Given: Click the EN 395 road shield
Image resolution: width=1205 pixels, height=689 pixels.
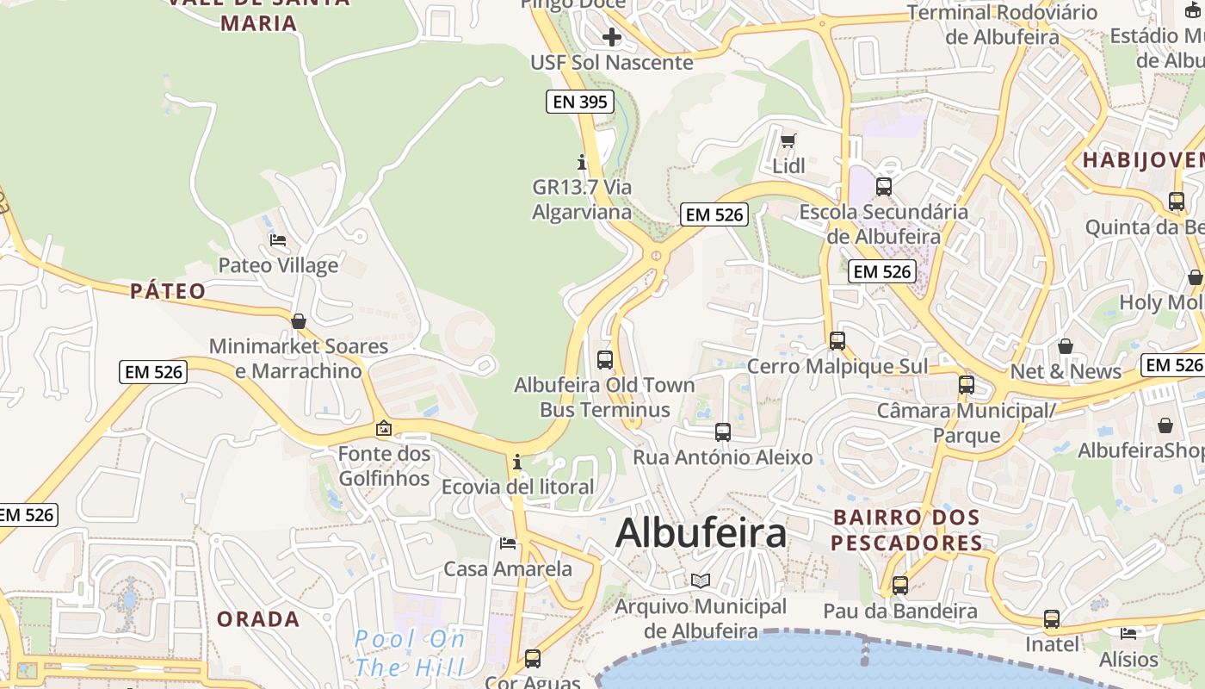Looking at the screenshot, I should (580, 102).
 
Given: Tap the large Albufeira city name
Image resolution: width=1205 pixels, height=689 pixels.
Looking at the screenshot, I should (701, 533).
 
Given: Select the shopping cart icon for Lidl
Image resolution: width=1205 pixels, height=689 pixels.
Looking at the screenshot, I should (788, 140).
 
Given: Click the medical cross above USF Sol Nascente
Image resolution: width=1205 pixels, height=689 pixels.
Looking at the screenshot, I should (612, 37).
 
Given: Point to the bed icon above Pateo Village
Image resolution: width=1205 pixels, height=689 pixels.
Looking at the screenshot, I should (278, 239).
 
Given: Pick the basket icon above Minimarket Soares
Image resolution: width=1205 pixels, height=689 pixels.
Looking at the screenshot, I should (299, 321).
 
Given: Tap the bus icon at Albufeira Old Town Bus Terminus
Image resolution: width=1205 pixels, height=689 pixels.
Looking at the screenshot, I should (605, 359).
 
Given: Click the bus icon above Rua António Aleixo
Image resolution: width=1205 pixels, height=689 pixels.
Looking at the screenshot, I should (723, 432).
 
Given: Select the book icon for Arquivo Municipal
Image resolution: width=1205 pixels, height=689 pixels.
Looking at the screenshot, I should (701, 581).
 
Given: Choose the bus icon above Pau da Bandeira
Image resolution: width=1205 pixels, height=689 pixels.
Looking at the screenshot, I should (900, 586).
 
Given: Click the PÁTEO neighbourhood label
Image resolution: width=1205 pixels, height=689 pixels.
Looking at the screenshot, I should (169, 291).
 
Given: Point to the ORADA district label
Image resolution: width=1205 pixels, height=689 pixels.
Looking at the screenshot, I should (258, 619).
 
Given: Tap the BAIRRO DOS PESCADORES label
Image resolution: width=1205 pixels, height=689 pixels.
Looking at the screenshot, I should (906, 530).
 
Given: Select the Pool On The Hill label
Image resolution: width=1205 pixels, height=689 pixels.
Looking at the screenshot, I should (411, 653).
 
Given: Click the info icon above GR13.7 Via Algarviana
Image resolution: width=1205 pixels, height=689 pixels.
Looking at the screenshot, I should (582, 162).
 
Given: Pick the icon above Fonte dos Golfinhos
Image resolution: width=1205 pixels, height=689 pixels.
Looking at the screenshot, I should (384, 428).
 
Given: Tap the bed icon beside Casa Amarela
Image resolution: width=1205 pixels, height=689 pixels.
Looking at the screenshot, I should (508, 543).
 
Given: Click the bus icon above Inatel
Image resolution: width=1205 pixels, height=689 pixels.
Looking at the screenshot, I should (1052, 618).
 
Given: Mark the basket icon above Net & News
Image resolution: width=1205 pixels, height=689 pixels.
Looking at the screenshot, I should (1066, 346).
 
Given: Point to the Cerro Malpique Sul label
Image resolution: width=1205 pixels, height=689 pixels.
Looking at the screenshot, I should (837, 367).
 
